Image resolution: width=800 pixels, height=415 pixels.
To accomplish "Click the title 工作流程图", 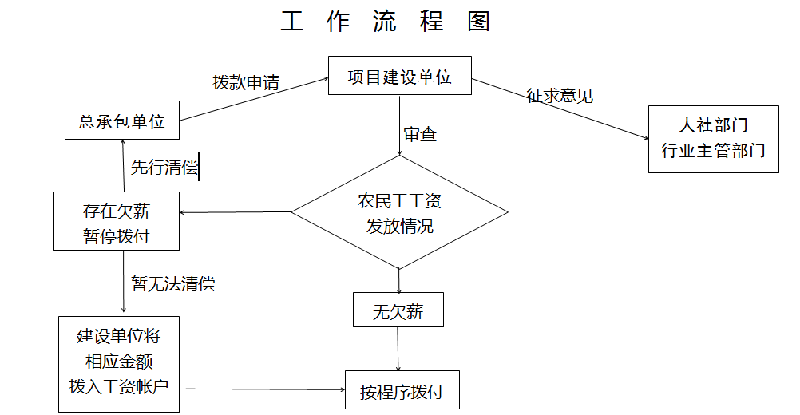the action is tap(385, 22).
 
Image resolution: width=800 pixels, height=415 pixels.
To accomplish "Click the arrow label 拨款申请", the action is tap(246, 82).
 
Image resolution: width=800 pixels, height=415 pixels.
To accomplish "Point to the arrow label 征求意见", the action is tap(560, 95).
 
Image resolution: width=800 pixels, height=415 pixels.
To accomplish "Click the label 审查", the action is tap(420, 134).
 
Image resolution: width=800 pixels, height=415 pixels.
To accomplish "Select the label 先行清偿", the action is tap(164, 167).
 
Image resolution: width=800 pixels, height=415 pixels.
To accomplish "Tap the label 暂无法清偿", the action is tap(173, 283).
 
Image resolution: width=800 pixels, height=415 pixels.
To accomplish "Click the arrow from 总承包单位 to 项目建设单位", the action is tap(254, 100).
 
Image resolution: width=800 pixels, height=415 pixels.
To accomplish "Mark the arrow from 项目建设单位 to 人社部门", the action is tap(560, 109).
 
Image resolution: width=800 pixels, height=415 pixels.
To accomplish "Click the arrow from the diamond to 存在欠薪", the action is tap(236, 212).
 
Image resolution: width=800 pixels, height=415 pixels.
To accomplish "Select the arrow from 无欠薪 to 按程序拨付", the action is tap(398, 349).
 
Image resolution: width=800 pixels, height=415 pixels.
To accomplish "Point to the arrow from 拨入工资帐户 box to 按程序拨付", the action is tap(265, 389).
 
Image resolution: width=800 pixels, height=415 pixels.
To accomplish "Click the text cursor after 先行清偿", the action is tap(199, 167).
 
